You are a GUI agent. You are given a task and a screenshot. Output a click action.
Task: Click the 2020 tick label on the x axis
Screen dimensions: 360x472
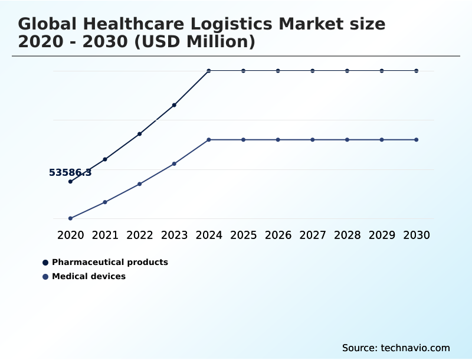pyautogui.click(x=70, y=235)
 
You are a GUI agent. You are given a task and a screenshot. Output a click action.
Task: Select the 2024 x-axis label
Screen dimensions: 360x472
pyautogui.click(x=209, y=235)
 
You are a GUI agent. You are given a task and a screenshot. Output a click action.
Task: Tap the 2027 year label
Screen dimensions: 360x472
pyautogui.click(x=313, y=235)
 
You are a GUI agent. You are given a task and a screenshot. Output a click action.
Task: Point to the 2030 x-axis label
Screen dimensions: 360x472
pyautogui.click(x=417, y=235)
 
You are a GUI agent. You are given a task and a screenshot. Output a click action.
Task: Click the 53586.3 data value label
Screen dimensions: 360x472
pyautogui.click(x=70, y=173)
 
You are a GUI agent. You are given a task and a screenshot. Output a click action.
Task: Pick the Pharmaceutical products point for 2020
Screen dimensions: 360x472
pyautogui.click(x=70, y=181)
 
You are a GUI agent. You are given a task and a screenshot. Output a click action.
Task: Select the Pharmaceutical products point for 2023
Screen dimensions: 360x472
pyautogui.click(x=174, y=105)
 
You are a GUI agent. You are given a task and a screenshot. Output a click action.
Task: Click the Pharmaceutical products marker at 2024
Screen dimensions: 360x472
pyautogui.click(x=209, y=71)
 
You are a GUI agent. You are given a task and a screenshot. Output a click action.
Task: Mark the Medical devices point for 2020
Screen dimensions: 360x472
pyautogui.click(x=70, y=218)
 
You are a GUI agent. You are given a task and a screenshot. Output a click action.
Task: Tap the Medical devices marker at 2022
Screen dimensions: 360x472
pyautogui.click(x=140, y=184)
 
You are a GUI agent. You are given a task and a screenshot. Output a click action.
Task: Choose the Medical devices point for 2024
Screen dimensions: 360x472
pyautogui.click(x=209, y=140)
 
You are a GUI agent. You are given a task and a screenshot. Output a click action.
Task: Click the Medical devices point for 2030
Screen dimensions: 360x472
pyautogui.click(x=417, y=140)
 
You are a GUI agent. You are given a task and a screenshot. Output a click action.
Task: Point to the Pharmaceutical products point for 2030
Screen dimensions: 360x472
pyautogui.click(x=417, y=71)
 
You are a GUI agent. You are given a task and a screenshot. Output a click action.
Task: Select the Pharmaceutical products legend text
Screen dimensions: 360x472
pyautogui.click(x=110, y=262)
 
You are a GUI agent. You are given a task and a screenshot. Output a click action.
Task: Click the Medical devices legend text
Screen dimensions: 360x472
pyautogui.click(x=88, y=276)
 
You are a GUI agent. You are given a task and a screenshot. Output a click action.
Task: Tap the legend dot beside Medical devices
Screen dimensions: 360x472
pyautogui.click(x=45, y=277)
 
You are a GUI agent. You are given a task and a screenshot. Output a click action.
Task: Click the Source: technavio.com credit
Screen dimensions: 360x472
pyautogui.click(x=396, y=348)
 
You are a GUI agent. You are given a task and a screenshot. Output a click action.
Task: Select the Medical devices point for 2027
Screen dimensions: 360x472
pyautogui.click(x=313, y=140)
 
